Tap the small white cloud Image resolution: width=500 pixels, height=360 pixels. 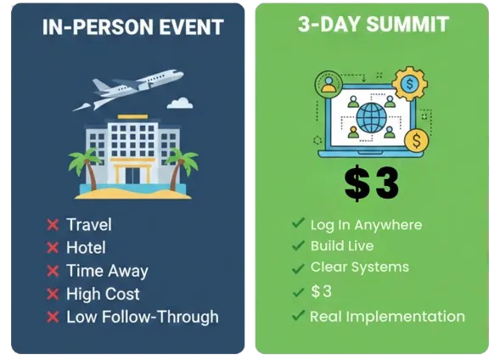[180, 103]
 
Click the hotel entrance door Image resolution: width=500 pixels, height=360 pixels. [132, 176]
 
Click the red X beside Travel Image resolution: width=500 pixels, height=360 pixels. [53, 224]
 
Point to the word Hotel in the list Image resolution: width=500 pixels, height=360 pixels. [86, 247]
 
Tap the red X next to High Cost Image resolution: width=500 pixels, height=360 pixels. [53, 294]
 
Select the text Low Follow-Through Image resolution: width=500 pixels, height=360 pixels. [143, 317]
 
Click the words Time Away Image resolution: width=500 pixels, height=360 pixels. [107, 271]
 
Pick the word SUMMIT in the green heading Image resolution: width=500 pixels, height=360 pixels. [407, 25]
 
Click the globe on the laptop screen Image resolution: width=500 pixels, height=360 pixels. [372, 118]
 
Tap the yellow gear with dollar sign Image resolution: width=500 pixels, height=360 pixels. [409, 84]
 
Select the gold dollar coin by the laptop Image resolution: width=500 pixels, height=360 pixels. [417, 140]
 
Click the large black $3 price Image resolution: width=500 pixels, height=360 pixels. [372, 183]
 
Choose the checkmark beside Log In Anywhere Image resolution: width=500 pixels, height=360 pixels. [298, 223]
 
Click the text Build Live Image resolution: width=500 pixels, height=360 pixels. [342, 246]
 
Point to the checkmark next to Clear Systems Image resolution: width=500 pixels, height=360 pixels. [298, 268]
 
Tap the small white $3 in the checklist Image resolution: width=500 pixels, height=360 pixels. [322, 291]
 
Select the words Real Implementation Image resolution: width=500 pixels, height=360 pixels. [387, 317]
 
